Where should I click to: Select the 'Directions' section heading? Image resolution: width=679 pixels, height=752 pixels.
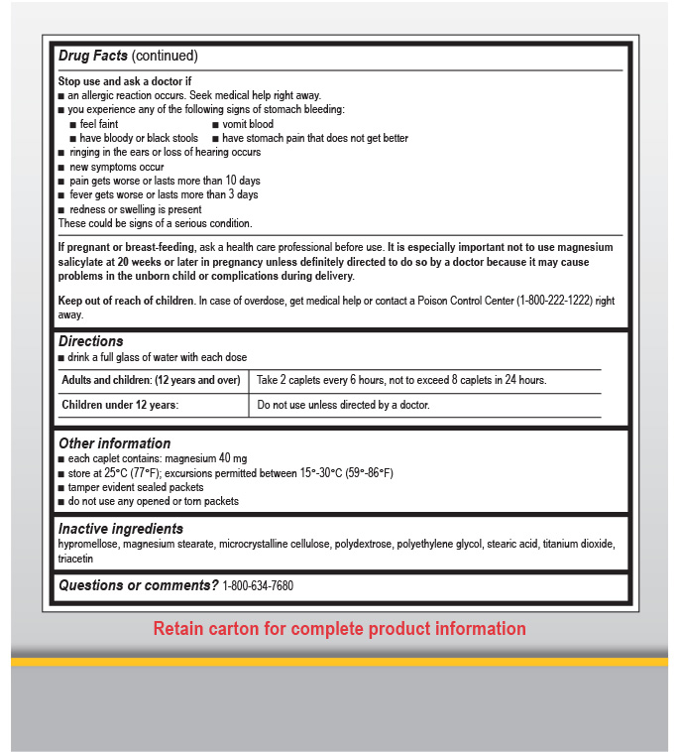[x=90, y=341]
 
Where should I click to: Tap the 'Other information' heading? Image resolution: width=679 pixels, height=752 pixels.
[x=114, y=443]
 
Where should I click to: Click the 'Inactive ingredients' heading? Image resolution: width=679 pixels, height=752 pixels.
[x=121, y=529]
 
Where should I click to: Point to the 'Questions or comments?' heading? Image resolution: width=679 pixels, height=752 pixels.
[x=138, y=585]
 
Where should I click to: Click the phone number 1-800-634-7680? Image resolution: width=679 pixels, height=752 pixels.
[x=258, y=586]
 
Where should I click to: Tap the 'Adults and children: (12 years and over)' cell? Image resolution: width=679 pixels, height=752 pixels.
[x=151, y=380]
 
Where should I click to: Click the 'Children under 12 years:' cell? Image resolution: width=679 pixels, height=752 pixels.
[x=120, y=405]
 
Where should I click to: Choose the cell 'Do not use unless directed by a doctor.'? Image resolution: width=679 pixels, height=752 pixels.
[x=343, y=405]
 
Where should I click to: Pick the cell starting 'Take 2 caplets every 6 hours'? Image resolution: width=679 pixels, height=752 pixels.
[x=401, y=380]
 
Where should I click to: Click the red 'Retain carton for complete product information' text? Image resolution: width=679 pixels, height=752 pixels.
[x=339, y=629]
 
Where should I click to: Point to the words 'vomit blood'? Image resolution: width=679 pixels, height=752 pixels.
[x=248, y=124]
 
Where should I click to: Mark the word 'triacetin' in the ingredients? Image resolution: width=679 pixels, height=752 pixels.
[x=79, y=560]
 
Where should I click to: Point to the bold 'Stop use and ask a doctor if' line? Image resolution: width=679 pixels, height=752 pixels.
[x=123, y=80]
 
